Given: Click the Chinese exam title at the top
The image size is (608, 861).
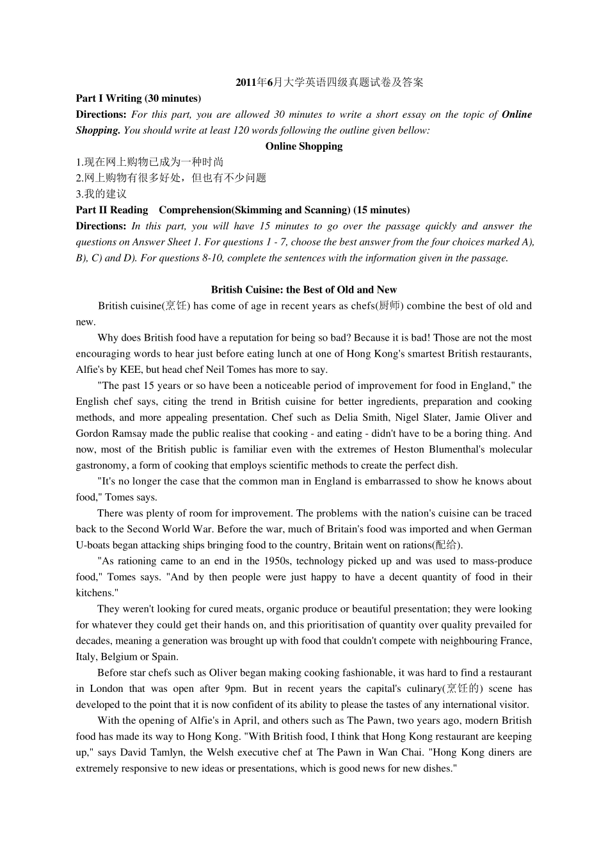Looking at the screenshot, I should pos(330,83).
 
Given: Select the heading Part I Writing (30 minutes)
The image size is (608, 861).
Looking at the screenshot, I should pos(138,99).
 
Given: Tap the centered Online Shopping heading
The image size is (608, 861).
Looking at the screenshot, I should pos(304,146).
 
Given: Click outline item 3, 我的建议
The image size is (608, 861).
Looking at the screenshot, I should pos(101,194).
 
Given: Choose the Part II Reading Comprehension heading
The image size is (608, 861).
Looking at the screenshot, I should pos(243,210).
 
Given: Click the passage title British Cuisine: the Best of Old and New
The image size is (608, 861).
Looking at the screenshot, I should pos(304,290).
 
